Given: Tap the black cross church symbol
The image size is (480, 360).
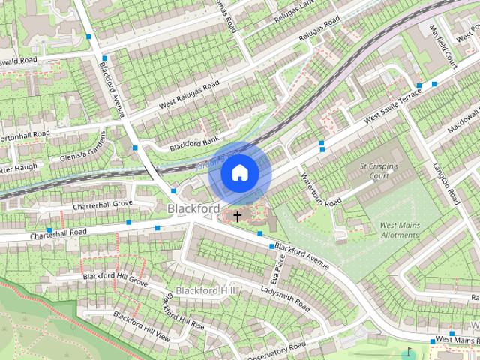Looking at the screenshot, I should [238, 217].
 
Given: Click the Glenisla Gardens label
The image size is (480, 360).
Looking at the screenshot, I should [85, 151].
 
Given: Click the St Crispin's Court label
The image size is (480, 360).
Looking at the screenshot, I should [378, 171].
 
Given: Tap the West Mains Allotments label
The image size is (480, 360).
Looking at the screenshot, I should [399, 229].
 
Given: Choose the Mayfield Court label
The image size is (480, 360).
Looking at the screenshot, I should [442, 46].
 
